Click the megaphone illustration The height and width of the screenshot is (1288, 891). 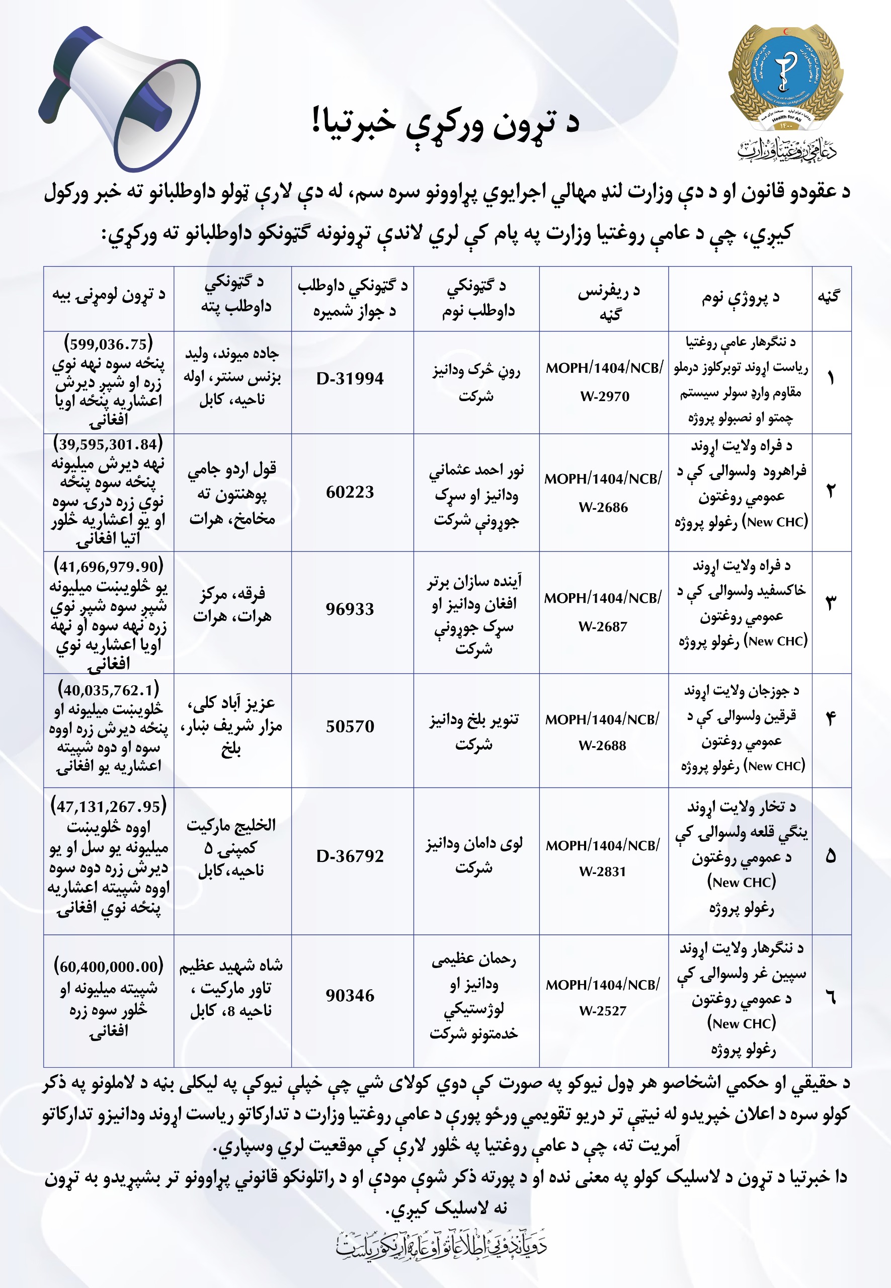(120, 98)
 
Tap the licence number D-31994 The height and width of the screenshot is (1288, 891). (350, 378)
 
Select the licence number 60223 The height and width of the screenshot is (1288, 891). (350, 492)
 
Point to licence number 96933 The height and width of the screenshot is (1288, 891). (350, 609)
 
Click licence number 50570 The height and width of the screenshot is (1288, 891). (350, 727)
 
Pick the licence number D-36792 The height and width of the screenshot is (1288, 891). (350, 856)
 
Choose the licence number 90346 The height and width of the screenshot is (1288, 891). (350, 996)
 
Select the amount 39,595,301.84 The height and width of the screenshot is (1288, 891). (108, 444)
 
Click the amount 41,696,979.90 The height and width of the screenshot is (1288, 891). (108, 567)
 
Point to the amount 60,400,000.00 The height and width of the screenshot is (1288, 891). (108, 967)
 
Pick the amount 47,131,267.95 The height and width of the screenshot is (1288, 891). (108, 807)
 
